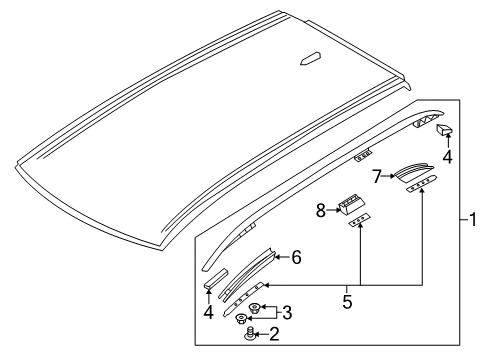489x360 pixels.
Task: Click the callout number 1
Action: point(473,220)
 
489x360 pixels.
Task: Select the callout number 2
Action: point(274,334)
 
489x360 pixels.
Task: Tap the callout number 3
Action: point(287,313)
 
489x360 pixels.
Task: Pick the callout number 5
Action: point(347,301)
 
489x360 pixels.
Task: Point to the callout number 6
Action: point(296,257)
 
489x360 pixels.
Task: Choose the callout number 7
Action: point(377,176)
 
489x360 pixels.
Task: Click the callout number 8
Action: point(321,210)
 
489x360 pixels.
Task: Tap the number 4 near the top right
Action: point(447,157)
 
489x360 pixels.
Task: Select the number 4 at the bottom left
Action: point(208,312)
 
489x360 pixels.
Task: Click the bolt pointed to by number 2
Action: point(249,334)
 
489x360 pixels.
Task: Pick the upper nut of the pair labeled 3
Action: point(255,308)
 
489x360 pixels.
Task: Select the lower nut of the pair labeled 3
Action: point(240,319)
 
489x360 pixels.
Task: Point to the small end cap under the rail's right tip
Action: point(444,129)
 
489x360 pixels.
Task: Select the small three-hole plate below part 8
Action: point(359,220)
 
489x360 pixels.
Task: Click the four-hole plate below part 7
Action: point(421,184)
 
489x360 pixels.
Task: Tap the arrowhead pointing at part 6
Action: point(276,257)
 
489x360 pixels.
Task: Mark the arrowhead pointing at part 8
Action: point(336,210)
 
